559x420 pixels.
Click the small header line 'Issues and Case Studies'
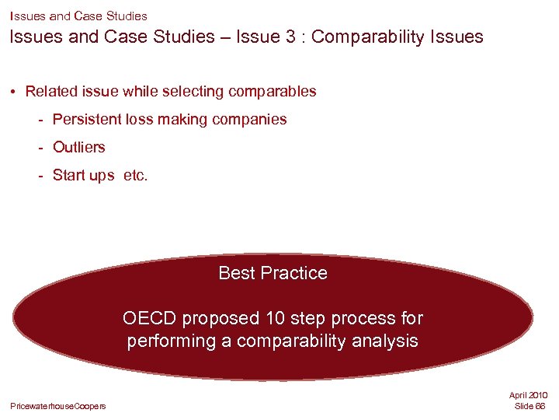point(78,16)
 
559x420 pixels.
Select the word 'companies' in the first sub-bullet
point(251,120)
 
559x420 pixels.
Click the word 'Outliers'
point(78,147)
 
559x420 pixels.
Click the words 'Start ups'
point(83,175)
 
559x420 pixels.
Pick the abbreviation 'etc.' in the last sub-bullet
point(135,175)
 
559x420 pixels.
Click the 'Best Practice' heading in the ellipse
point(273,273)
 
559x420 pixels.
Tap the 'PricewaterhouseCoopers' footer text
point(58,406)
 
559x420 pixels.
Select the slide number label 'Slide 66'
point(530,406)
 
